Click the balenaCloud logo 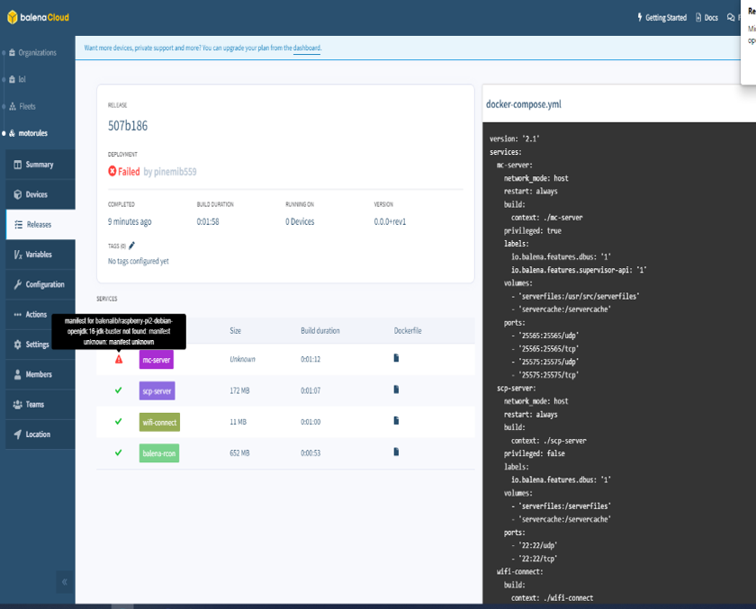click(x=38, y=17)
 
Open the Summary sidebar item click(x=39, y=165)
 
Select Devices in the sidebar click(x=36, y=194)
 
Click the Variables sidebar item click(x=38, y=255)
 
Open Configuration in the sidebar click(x=44, y=284)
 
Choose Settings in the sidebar click(x=37, y=345)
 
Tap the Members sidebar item click(x=39, y=374)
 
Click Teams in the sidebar click(x=35, y=405)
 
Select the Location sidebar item click(x=38, y=434)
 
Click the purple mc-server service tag click(x=156, y=360)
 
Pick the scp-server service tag click(x=157, y=390)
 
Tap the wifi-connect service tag click(x=160, y=422)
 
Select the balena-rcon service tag click(x=159, y=452)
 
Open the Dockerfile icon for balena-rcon click(x=396, y=452)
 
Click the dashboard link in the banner click(x=307, y=48)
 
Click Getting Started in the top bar click(x=665, y=17)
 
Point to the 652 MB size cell click(x=239, y=452)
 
